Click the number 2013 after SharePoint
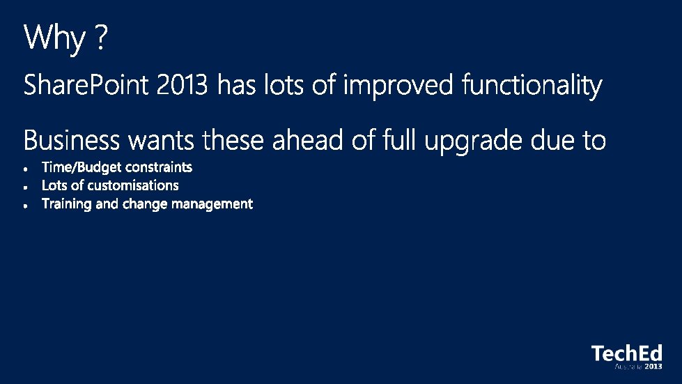182,85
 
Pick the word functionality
532,86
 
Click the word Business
71,140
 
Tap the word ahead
307,140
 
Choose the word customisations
133,185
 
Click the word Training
67,204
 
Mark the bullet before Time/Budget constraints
26,169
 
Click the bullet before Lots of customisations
26,187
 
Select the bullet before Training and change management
26,206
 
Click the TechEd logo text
627,353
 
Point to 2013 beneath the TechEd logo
653,367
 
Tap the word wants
161,141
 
